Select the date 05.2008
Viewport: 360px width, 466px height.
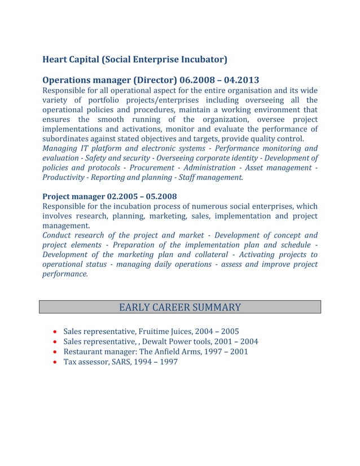pos(160,196)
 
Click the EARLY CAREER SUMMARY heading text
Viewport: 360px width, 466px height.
pos(180,307)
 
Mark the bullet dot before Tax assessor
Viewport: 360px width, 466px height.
pos(54,362)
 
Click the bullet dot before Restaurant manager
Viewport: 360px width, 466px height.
pos(54,352)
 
